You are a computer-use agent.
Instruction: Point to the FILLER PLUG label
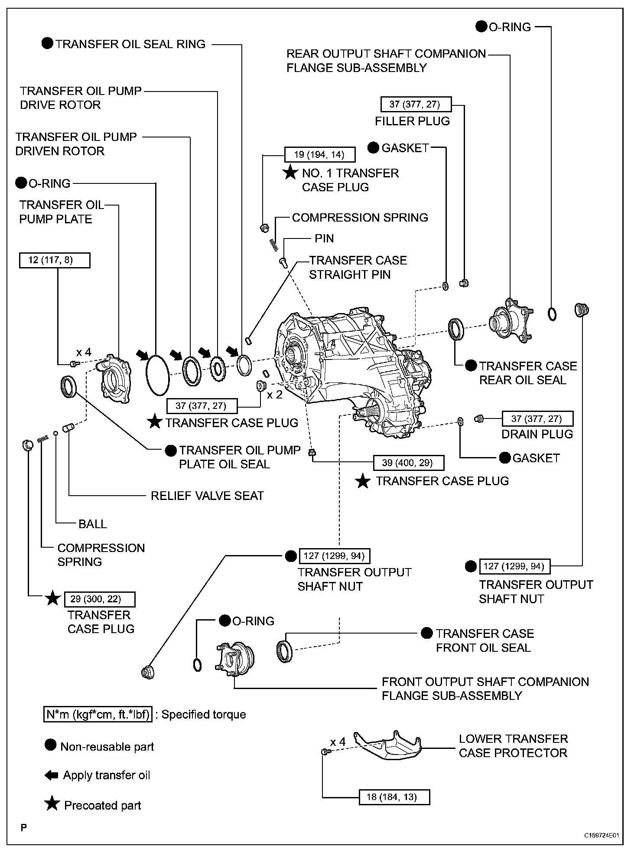pos(412,121)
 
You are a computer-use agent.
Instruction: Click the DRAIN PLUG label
pos(537,434)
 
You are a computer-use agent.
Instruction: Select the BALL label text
pos(93,524)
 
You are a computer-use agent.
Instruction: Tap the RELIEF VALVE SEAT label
pos(207,496)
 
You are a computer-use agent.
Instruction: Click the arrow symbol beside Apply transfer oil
pos(51,775)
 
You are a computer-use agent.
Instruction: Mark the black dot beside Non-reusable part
pos(51,745)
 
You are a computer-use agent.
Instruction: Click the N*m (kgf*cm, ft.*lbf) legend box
pos(98,715)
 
